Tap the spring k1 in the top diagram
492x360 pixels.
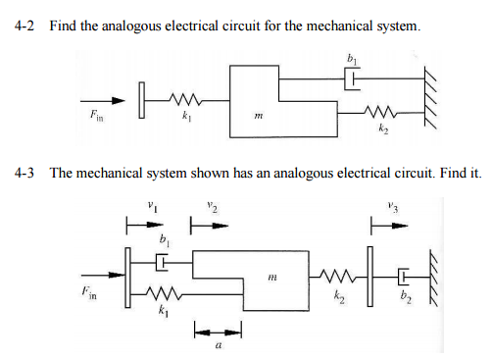tap(183, 99)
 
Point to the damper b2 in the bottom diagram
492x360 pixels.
tap(404, 274)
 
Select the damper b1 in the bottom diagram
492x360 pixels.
tap(165, 262)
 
